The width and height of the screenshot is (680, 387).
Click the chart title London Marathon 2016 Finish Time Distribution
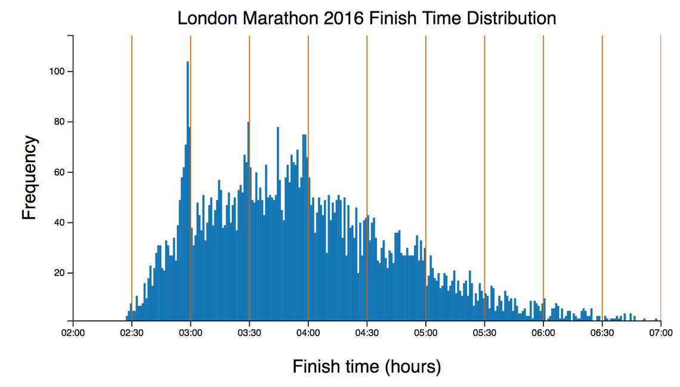(367, 18)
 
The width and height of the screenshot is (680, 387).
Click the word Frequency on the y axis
(29, 178)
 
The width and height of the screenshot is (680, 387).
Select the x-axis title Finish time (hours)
(366, 366)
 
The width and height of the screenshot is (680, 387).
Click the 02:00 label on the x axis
(73, 332)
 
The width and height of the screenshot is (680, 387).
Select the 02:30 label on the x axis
(131, 332)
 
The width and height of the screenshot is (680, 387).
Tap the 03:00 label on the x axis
(190, 332)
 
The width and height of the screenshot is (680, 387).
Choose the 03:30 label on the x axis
(249, 332)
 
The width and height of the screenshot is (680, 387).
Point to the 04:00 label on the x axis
(308, 332)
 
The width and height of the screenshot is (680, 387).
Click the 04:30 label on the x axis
(367, 332)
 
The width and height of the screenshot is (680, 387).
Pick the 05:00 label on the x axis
(425, 332)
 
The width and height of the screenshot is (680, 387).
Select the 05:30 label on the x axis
(484, 332)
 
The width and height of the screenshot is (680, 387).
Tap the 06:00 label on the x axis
(543, 332)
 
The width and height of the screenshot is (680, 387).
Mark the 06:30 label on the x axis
(602, 332)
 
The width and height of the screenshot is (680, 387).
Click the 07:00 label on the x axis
(660, 332)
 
